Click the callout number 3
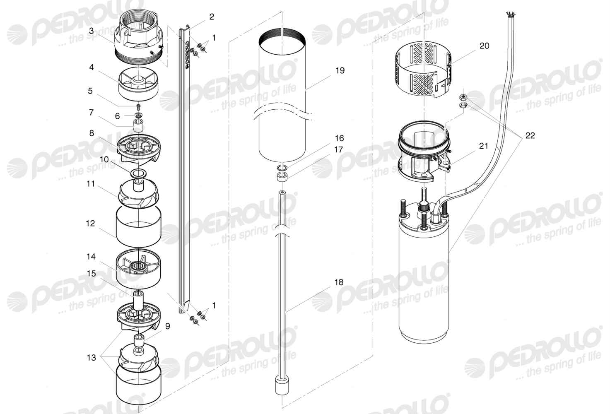pos(91,31)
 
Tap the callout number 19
pos(340,70)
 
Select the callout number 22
pos(530,135)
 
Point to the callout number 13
pos(92,357)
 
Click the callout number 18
pos(339,282)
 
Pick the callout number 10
pos(104,159)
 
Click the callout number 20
pos(484,46)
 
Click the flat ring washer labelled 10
pos(139,173)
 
